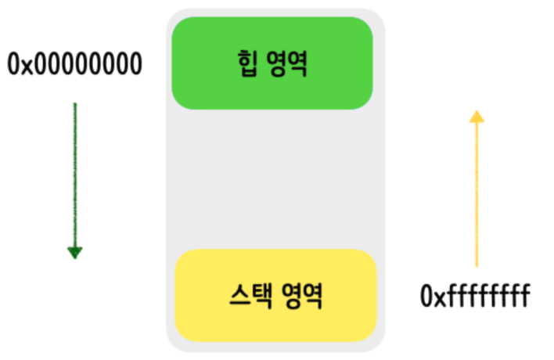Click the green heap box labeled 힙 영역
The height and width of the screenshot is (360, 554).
272,63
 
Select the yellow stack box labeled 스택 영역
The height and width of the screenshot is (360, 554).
275,295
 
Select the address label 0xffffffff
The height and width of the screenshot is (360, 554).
476,297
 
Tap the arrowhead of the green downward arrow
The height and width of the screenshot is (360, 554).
74,252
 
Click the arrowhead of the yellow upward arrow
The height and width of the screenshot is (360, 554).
476,117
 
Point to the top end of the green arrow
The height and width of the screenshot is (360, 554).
74,104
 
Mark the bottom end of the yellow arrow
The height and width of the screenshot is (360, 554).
476,265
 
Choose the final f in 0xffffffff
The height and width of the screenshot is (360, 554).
527,297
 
